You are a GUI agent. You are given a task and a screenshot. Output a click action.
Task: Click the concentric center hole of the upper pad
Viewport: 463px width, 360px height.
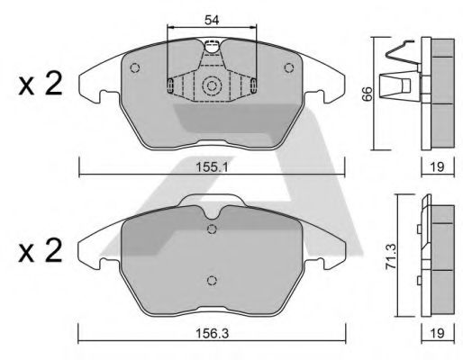pos(213,86)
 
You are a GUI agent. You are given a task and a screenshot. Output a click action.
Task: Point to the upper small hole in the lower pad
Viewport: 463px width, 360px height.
pos(212,229)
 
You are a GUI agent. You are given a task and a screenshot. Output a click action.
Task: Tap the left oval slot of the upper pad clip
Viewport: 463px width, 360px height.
pos(170,85)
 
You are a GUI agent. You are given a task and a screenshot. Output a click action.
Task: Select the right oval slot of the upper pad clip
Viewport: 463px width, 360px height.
pos(255,85)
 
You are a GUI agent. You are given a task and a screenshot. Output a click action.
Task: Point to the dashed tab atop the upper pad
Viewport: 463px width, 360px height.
pos(213,48)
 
